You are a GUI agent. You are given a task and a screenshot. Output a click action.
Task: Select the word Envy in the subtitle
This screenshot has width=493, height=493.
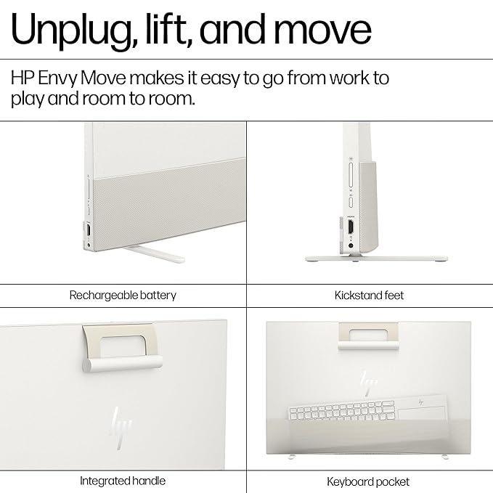pyautogui.click(x=57, y=78)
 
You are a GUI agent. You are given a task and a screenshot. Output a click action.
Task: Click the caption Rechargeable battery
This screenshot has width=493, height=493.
pyautogui.click(x=123, y=296)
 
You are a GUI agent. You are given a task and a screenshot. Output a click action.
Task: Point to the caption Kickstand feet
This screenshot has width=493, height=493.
pyautogui.click(x=369, y=296)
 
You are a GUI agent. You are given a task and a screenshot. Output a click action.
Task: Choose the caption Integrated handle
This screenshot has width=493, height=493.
pyautogui.click(x=123, y=481)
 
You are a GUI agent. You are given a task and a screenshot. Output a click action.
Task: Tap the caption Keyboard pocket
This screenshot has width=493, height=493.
pyautogui.click(x=368, y=481)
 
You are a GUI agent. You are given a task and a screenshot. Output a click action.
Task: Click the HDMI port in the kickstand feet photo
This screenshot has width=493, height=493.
pyautogui.click(x=351, y=227)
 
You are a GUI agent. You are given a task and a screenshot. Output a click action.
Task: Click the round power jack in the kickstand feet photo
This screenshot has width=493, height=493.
pyautogui.click(x=351, y=246)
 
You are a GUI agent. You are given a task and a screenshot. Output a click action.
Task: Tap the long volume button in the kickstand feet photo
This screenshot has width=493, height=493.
pyautogui.click(x=351, y=175)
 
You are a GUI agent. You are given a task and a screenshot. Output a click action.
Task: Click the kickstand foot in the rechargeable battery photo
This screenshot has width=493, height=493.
pyautogui.click(x=154, y=254)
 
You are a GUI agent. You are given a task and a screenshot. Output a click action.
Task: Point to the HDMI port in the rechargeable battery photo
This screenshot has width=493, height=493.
pyautogui.click(x=89, y=230)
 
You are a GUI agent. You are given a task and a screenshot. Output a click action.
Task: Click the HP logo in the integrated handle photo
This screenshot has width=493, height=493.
pyautogui.click(x=121, y=428)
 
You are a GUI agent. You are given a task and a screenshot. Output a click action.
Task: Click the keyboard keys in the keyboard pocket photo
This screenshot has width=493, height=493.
pyautogui.click(x=343, y=411)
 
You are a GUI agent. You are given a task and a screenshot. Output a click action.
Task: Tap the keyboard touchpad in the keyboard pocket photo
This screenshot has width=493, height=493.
pyautogui.click(x=422, y=413)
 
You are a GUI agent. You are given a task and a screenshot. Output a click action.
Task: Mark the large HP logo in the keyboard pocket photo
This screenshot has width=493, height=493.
pyautogui.click(x=369, y=383)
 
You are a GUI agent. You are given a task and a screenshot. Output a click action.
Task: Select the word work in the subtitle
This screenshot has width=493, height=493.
pyautogui.click(x=349, y=78)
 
